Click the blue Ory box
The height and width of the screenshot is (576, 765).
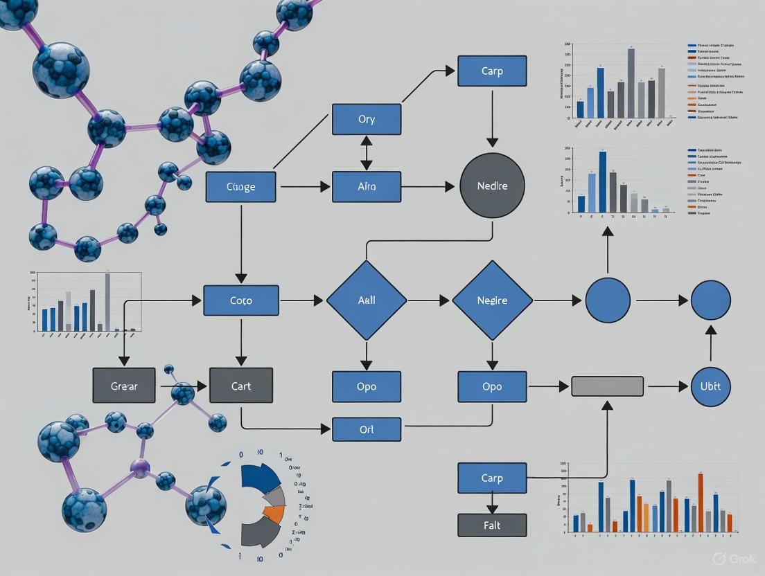367,119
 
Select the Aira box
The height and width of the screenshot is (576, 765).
367,187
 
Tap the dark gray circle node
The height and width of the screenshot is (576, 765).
493,186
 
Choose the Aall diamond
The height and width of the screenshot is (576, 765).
367,300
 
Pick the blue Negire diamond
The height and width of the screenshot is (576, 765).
493,300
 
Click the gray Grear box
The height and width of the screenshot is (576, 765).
124,386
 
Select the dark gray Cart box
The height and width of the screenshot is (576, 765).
241,386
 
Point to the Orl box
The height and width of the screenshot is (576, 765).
367,429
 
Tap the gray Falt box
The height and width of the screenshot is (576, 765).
492,525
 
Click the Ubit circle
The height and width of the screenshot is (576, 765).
711,386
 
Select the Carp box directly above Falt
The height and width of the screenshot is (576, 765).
492,478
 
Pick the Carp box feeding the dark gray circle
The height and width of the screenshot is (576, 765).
492,71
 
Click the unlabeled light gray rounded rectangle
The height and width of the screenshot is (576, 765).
607,386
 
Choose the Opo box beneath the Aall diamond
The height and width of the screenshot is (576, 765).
367,386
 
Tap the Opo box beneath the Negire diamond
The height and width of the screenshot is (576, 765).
492,386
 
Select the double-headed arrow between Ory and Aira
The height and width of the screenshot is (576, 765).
367,153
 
